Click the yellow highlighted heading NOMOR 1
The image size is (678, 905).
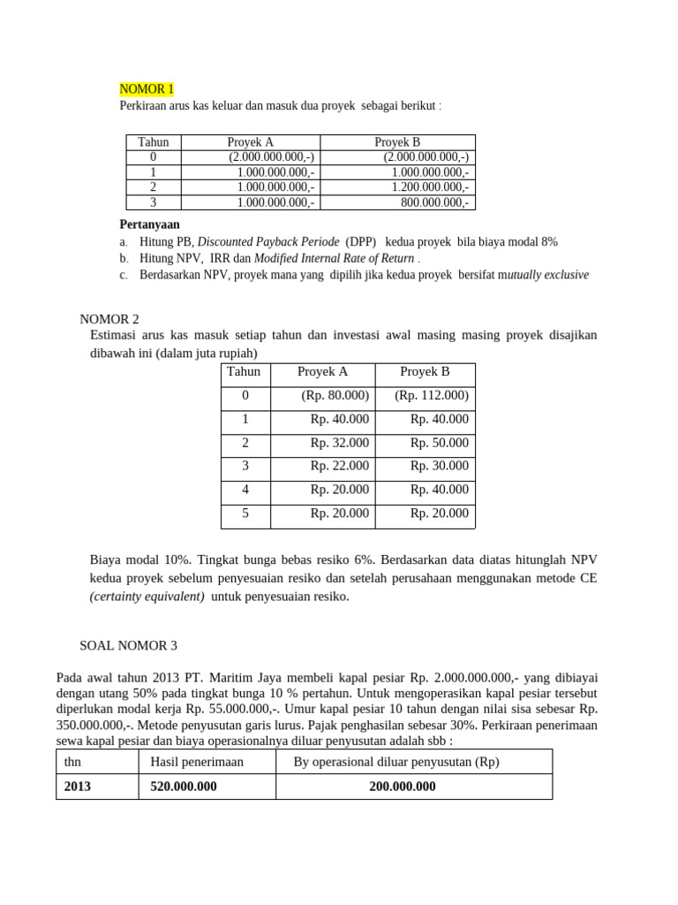pos(147,89)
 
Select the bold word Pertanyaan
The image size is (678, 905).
pos(149,224)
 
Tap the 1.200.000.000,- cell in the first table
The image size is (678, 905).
pos(430,186)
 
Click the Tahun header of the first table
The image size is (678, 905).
pos(153,141)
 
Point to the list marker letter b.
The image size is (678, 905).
pos(124,258)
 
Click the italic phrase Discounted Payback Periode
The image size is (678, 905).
pos(268,241)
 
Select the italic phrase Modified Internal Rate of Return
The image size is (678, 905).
pos(334,258)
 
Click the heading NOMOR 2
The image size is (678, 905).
pos(109,319)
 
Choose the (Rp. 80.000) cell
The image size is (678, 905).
pos(335,395)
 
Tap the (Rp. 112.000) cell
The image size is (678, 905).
pos(432,395)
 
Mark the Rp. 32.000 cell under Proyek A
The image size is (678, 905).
pos(339,443)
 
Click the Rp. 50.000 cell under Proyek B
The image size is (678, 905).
pos(439,443)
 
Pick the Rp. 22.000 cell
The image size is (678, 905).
pos(339,466)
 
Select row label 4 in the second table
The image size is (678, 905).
pos(245,490)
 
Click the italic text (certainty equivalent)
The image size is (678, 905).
pos(147,597)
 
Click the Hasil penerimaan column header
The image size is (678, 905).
pos(197,762)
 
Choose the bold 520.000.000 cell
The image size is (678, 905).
pos(184,787)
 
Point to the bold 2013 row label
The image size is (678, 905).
pos(77,787)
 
